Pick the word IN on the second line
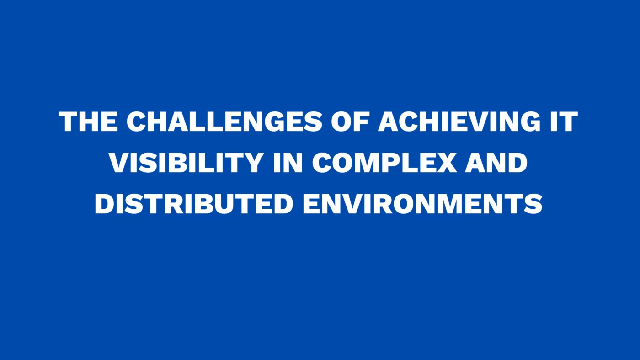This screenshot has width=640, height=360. point(288,163)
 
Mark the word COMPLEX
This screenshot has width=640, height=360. point(384,163)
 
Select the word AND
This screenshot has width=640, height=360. point(497,163)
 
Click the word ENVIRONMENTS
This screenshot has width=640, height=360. point(423,204)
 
